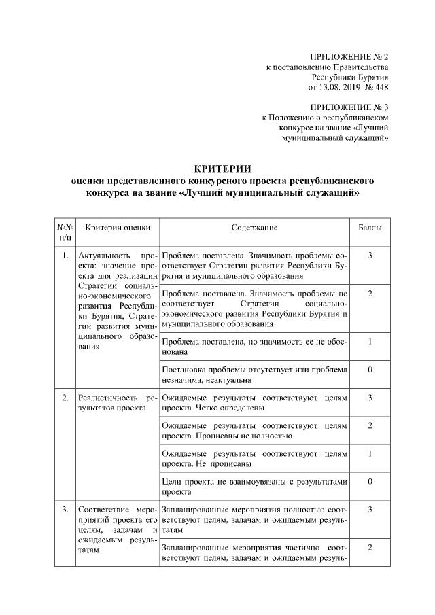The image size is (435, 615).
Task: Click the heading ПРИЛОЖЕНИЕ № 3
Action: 349,107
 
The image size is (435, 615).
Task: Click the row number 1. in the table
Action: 64,256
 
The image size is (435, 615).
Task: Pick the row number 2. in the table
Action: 64,398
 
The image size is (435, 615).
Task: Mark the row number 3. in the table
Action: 64,510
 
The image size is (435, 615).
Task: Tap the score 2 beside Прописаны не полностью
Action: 370,425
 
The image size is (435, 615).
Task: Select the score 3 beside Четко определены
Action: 370,398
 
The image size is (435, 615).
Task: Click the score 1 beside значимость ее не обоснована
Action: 370,341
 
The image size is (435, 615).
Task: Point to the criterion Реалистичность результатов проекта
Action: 117,402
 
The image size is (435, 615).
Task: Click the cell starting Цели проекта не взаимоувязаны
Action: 254,486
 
